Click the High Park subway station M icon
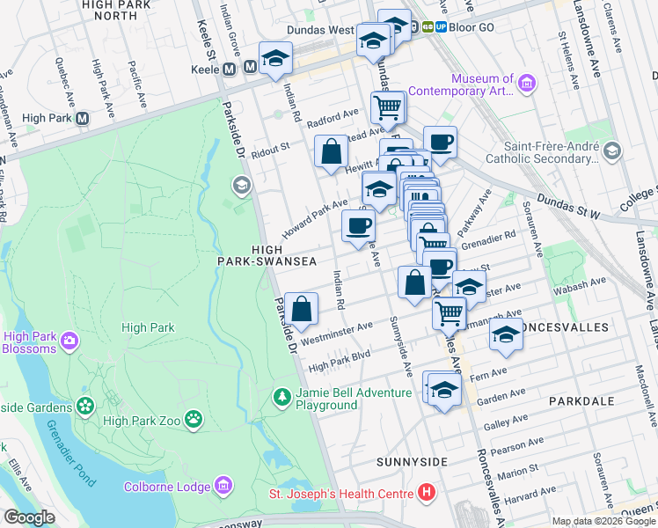(83, 118)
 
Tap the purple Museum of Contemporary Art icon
(528, 84)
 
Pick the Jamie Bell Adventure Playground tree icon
(281, 399)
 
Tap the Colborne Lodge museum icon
(223, 486)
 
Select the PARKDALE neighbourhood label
(581, 400)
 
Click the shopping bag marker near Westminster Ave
(302, 309)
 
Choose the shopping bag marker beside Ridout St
(331, 150)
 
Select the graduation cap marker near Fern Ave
(444, 390)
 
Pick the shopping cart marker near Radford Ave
(387, 108)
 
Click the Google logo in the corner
(28, 517)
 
